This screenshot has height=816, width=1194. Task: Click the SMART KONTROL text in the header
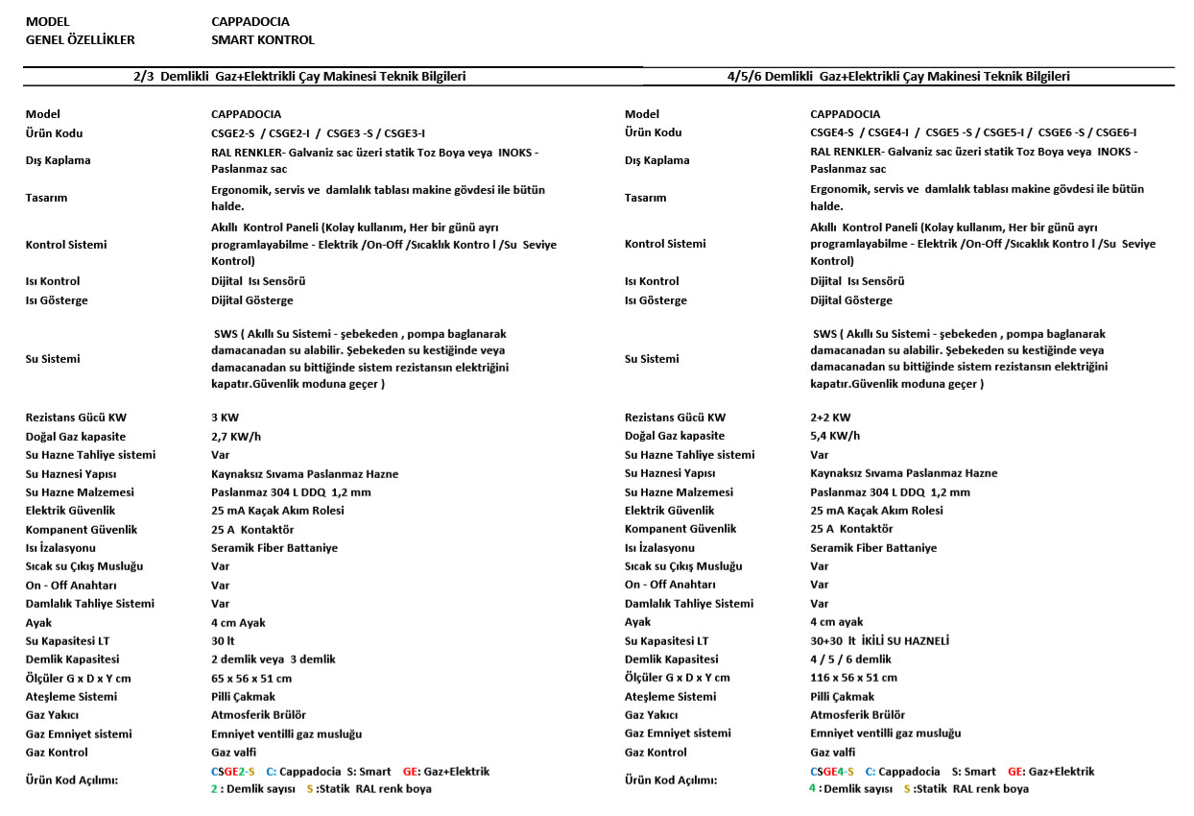pos(262,40)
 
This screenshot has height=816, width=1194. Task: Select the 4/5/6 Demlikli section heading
pos(898,76)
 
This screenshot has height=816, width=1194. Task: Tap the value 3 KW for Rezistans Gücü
pos(226,418)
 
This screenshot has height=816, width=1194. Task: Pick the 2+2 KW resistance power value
pos(830,418)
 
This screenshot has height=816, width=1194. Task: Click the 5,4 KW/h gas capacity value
pos(835,436)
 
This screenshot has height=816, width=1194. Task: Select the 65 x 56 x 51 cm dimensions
pos(251,678)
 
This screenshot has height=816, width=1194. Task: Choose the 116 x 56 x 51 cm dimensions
pos(854,678)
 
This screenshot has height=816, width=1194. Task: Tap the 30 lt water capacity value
pos(222,641)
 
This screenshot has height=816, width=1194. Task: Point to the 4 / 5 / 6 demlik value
pos(850,660)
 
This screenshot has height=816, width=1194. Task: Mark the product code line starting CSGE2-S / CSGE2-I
pos(318,132)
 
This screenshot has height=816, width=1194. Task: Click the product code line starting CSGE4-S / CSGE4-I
pos(972,132)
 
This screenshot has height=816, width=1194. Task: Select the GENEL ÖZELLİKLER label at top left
pos(80,40)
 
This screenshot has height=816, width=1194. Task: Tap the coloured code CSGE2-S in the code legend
pos(232,772)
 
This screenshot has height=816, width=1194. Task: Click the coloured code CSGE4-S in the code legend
pos(831,772)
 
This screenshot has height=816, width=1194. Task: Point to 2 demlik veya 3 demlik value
pos(273,660)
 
